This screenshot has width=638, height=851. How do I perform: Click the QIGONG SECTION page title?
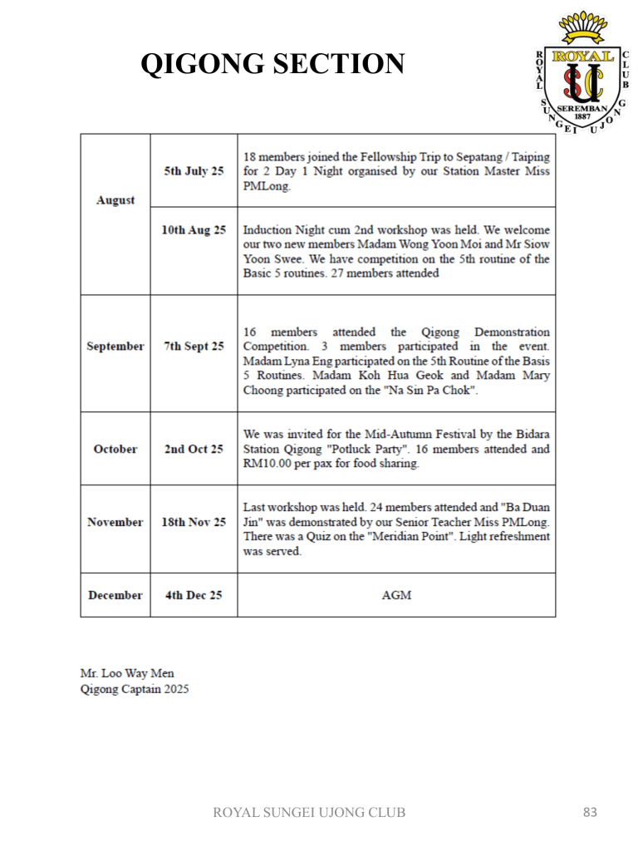pyautogui.click(x=272, y=63)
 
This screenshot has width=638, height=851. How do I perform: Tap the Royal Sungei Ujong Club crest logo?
pyautogui.click(x=580, y=74)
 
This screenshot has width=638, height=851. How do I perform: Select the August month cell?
pyautogui.click(x=115, y=200)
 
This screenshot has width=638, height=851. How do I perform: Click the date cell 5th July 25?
pyautogui.click(x=194, y=171)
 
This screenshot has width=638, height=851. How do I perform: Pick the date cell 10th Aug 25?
pyautogui.click(x=194, y=230)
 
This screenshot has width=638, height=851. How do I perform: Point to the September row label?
pyautogui.click(x=115, y=346)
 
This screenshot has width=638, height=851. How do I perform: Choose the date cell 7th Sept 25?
pyautogui.click(x=194, y=346)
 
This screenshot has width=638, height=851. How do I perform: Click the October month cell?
pyautogui.click(x=115, y=449)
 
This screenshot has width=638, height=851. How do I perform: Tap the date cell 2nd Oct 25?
pyautogui.click(x=194, y=449)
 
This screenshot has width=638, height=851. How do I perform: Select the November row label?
pyautogui.click(x=115, y=522)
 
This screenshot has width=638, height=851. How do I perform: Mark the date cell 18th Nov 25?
pyautogui.click(x=194, y=522)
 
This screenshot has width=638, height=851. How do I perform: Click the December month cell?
pyautogui.click(x=115, y=595)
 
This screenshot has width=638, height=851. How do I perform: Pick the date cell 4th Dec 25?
pyautogui.click(x=194, y=595)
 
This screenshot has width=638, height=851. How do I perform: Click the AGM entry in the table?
pyautogui.click(x=396, y=595)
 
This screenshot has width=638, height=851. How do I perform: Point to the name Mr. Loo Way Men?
pyautogui.click(x=127, y=672)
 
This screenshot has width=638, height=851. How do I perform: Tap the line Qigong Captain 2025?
pyautogui.click(x=135, y=688)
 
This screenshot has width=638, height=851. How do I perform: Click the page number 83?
pyautogui.click(x=590, y=812)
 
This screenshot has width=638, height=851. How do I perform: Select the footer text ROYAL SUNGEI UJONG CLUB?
pyautogui.click(x=310, y=812)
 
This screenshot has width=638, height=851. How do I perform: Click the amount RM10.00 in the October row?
pyautogui.click(x=267, y=464)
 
